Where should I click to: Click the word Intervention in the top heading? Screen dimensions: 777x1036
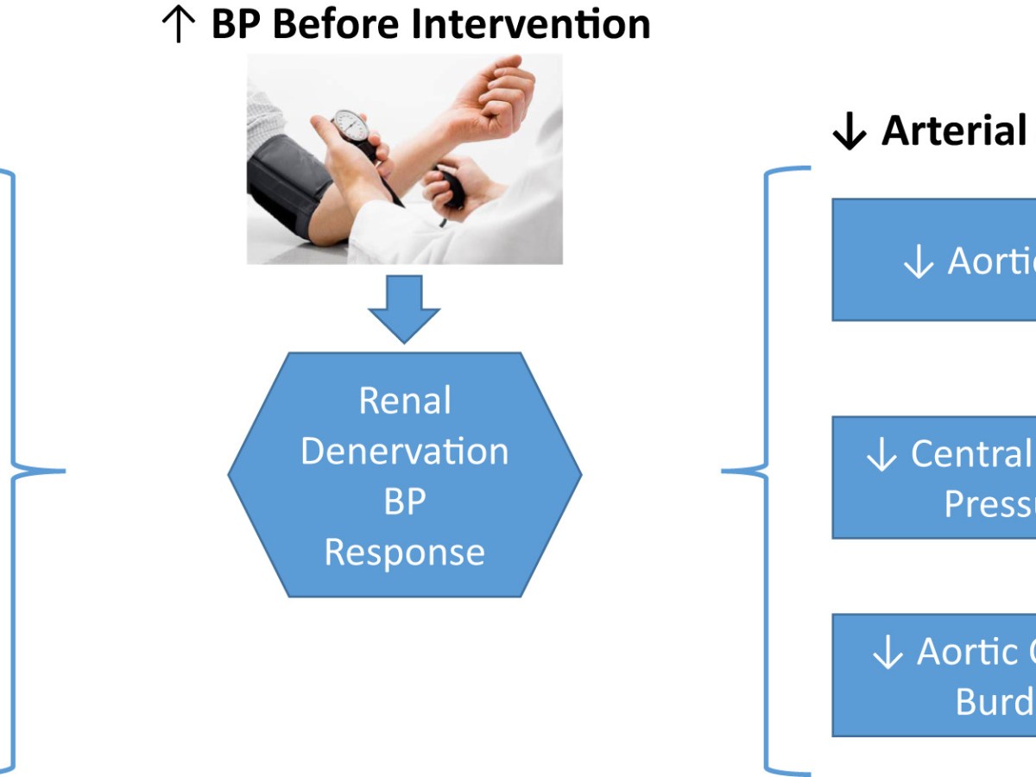coord(531,23)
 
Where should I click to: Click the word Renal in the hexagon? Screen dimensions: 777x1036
coord(405,401)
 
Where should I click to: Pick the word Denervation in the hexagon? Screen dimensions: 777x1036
coord(405,452)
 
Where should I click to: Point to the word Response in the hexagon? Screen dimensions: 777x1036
coord(405,552)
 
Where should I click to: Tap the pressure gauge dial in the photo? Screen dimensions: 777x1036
coord(351,129)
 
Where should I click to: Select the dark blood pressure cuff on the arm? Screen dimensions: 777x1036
coord(289,190)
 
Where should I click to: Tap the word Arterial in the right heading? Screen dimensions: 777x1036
coord(954,131)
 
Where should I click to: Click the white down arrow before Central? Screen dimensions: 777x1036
coord(881,456)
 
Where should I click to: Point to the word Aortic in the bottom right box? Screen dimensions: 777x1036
coord(967,652)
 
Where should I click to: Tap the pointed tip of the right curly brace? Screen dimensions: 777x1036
coord(723,471)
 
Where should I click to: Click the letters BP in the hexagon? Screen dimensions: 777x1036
coord(404,502)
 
